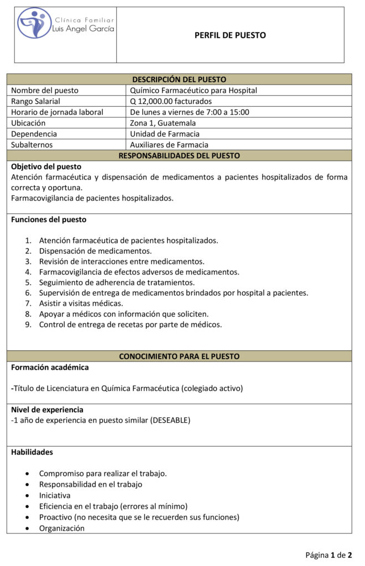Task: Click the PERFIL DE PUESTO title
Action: (x=230, y=35)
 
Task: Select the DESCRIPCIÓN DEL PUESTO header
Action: (x=179, y=80)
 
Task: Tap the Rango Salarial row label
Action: (x=36, y=101)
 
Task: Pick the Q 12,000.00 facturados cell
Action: (x=171, y=101)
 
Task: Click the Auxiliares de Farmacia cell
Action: (x=169, y=145)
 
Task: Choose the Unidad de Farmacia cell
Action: (x=165, y=134)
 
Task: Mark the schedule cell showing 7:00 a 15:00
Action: (x=190, y=112)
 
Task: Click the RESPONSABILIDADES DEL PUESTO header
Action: (x=179, y=156)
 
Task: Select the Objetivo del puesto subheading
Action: (x=46, y=166)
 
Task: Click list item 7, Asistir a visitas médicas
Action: (x=81, y=303)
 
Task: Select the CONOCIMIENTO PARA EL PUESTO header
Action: (x=179, y=357)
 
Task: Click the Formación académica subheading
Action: (x=50, y=367)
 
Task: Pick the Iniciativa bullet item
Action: (x=55, y=495)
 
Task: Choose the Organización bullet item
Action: (x=62, y=528)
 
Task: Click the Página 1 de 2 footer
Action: (x=329, y=554)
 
